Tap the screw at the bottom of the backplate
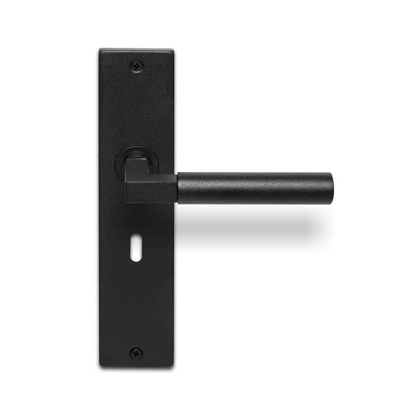[x=136, y=352]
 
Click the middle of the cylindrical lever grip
[x=254, y=188]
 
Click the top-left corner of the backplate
[x=100, y=51]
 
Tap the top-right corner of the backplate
[x=172, y=51]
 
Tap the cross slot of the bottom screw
[x=136, y=352]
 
